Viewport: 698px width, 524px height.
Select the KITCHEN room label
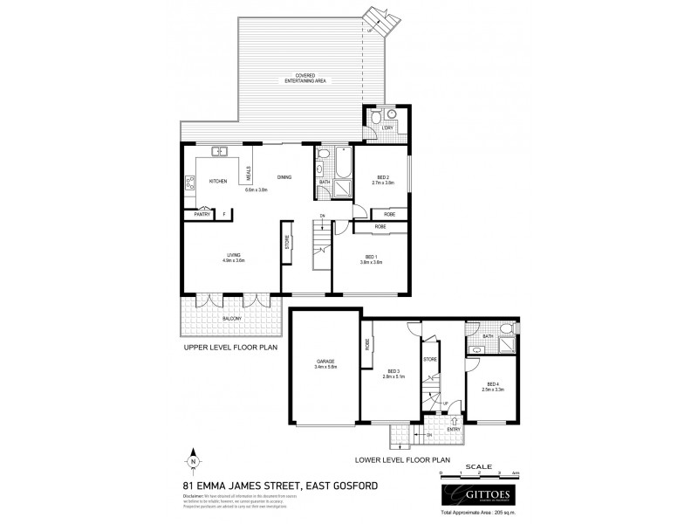click(x=218, y=181)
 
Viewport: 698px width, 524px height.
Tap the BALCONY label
click(x=230, y=320)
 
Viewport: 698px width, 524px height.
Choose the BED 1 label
click(x=371, y=256)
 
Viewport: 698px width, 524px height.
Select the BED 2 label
click(x=383, y=178)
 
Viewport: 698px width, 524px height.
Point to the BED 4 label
click(x=493, y=384)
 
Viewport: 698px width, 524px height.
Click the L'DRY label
click(x=387, y=129)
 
